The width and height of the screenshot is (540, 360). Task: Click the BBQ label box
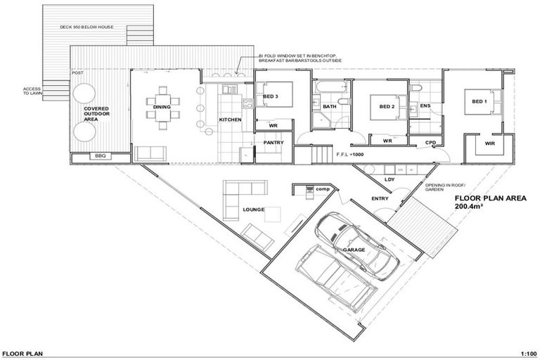[98, 156]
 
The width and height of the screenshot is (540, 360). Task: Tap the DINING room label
[162, 107]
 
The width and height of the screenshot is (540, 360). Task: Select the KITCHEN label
[230, 120]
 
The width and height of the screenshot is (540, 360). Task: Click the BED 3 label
[271, 96]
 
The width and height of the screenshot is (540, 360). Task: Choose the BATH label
[329, 107]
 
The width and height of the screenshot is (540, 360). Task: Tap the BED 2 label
[387, 107]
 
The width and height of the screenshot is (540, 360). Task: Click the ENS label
[425, 106]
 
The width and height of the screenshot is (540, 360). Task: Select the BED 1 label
[479, 101]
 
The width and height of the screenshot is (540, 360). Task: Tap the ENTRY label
[380, 199]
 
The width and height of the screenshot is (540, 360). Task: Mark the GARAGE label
[354, 249]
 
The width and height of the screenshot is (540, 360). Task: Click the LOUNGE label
[253, 210]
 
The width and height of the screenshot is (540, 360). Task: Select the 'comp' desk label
[322, 188]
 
